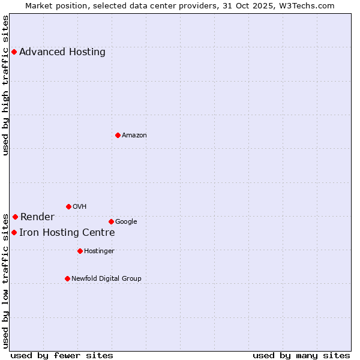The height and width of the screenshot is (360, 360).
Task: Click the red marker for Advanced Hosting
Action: point(14,52)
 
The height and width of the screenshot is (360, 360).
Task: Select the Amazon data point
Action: point(118,135)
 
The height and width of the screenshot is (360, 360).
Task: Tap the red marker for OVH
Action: point(68,206)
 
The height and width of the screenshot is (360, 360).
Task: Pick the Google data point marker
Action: point(111,221)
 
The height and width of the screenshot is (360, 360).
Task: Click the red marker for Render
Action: point(15,217)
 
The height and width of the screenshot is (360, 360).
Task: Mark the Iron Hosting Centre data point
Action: point(14,232)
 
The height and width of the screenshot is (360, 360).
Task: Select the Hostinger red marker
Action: point(80,251)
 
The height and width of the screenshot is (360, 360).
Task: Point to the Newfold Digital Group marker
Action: point(67,278)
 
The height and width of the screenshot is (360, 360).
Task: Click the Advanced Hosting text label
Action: point(62,52)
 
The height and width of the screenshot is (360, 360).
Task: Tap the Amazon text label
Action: point(134,135)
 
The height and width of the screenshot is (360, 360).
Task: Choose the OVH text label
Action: point(80,206)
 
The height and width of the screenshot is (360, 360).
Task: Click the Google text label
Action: point(126,221)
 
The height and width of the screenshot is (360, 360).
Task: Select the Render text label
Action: point(37,217)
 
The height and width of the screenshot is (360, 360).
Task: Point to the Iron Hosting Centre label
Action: point(67,232)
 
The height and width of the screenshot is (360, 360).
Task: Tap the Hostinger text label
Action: point(99,251)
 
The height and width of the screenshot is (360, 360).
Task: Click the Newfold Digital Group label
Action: point(106,278)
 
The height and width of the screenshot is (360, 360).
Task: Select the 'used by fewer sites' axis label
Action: point(62,355)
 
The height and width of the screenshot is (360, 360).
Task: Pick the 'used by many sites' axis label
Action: point(301,355)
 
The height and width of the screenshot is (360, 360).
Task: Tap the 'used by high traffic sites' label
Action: point(5,85)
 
